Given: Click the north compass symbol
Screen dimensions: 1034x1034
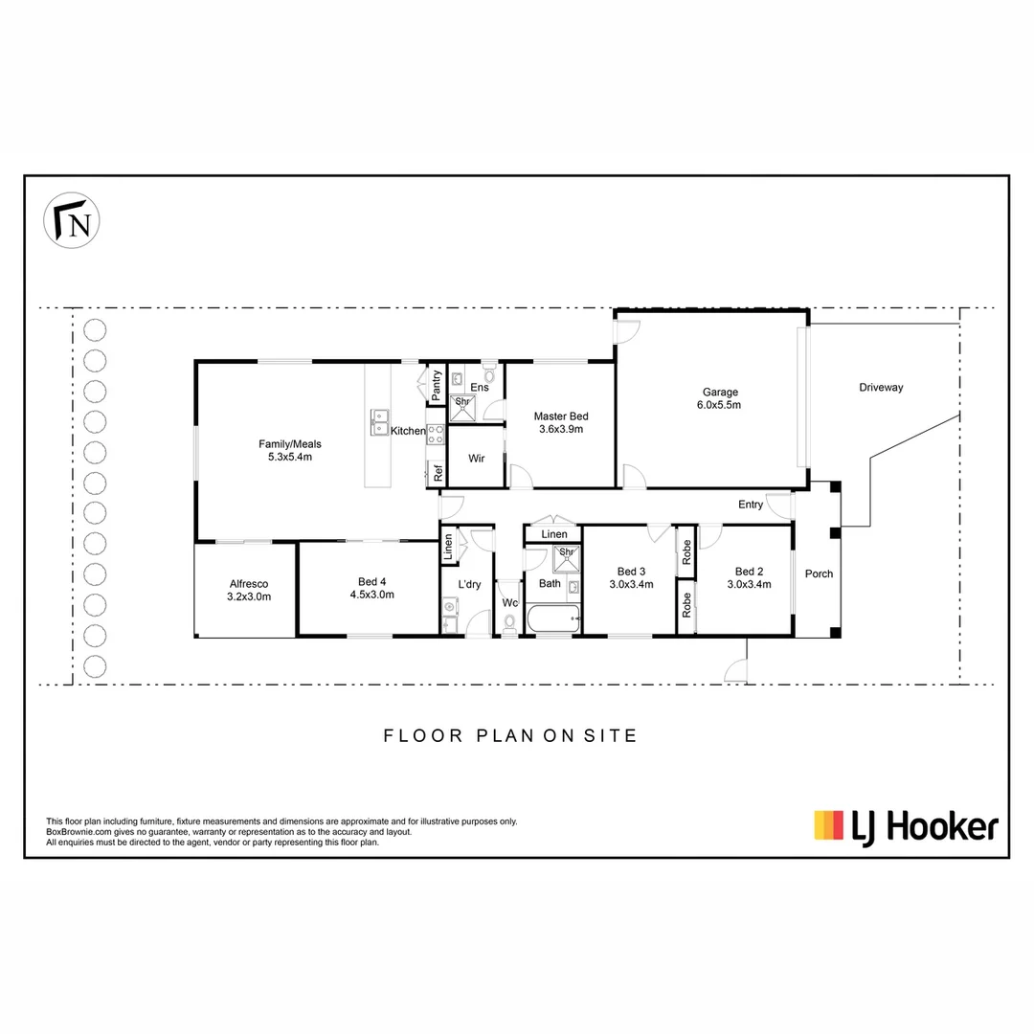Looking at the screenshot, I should (x=75, y=222).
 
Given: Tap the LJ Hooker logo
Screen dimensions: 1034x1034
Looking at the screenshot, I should (x=906, y=824).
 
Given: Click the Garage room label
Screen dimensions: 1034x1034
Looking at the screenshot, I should (x=721, y=398).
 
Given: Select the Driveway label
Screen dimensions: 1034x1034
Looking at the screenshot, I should (x=880, y=388).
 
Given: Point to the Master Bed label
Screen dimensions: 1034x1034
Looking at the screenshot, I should (x=561, y=422).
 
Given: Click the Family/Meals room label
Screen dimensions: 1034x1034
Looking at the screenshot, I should (x=290, y=450).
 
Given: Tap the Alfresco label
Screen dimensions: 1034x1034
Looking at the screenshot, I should (x=249, y=590).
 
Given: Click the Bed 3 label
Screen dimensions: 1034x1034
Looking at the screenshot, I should (x=631, y=577).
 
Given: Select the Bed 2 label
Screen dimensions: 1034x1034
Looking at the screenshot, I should (x=745, y=577).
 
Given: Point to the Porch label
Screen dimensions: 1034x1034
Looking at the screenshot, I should (x=819, y=574).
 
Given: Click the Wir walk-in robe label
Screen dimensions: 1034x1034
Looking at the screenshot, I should (x=477, y=459).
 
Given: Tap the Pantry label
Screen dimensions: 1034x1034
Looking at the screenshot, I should (x=437, y=385).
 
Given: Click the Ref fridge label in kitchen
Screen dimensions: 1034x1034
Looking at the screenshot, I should (x=438, y=472).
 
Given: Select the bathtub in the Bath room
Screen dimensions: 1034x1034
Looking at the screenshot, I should (x=552, y=619).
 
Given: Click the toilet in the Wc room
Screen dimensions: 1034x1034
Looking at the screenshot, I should (x=508, y=623).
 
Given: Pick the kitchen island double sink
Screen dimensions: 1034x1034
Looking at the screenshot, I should (x=380, y=416).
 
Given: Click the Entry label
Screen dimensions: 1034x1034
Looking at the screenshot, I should (x=751, y=505).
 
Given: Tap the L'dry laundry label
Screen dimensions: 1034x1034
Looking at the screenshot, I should (x=469, y=584).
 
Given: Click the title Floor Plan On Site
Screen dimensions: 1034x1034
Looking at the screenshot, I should (x=510, y=736).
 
